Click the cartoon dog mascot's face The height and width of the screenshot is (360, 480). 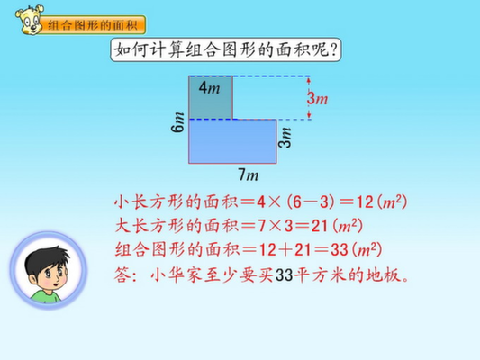tap(30, 20)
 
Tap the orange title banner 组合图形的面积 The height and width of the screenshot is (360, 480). tap(92, 25)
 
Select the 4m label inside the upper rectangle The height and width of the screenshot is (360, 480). tap(210, 88)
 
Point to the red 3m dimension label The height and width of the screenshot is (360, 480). tap(318, 98)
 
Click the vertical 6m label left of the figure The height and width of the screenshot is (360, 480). tap(177, 122)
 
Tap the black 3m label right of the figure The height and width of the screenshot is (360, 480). tap(285, 138)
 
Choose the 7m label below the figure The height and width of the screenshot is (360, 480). tap(249, 175)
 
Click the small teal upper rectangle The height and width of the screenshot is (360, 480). tap(211, 97)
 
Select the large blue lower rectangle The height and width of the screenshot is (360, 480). tap(232, 141)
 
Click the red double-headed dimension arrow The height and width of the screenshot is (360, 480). tap(309, 97)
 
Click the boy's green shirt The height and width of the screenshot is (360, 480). tap(46, 296)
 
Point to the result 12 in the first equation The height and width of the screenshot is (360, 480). tap(365, 202)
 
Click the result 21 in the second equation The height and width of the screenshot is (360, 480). tap(320, 226)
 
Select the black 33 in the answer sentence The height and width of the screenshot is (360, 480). tap(284, 274)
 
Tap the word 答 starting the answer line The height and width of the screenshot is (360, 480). tap(122, 274)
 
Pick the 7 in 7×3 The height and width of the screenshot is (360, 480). tap(261, 226)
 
